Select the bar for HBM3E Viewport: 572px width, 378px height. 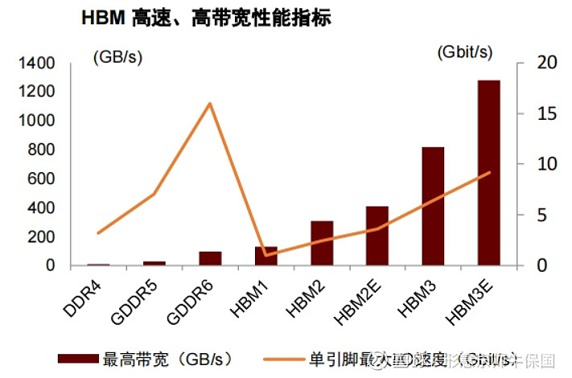488,172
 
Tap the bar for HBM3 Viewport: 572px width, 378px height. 433,206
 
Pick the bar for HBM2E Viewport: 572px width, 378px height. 377,236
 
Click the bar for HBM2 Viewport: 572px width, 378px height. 322,243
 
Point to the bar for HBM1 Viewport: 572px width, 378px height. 265,256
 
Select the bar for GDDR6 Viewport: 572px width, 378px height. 210,258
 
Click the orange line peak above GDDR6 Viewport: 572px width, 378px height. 210,103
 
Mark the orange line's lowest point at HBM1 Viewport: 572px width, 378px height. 265,255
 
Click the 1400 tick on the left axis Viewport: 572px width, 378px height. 38,63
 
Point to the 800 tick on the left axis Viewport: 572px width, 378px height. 43,150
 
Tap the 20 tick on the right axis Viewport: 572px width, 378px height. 524,63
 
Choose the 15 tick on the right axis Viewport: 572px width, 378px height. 524,113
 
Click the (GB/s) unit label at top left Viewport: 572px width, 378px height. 119,57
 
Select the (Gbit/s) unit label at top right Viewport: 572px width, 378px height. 464,52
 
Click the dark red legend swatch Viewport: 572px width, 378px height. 79,358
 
